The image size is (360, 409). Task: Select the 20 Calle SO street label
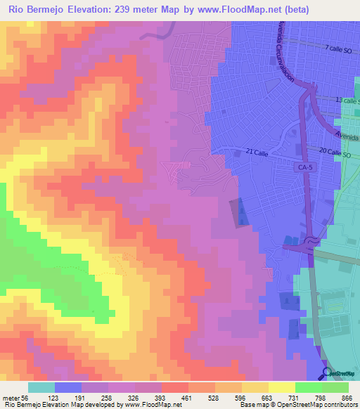[x=340, y=152]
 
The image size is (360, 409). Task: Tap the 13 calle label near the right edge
[x=347, y=100]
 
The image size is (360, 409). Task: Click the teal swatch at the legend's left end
[x=41, y=387]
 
